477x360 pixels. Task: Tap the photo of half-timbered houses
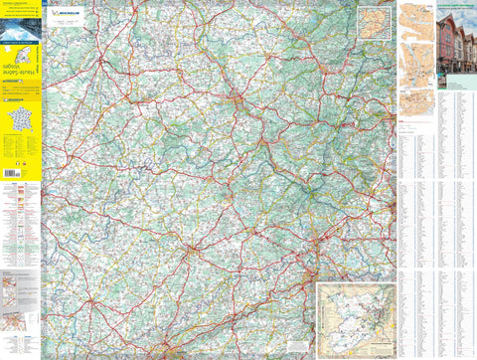pyautogui.click(x=456, y=47)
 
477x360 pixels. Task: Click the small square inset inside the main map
pyautogui.click(x=372, y=21)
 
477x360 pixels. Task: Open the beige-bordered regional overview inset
pyautogui.click(x=353, y=315)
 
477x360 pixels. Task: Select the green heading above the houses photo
pyautogui.click(x=456, y=8)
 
